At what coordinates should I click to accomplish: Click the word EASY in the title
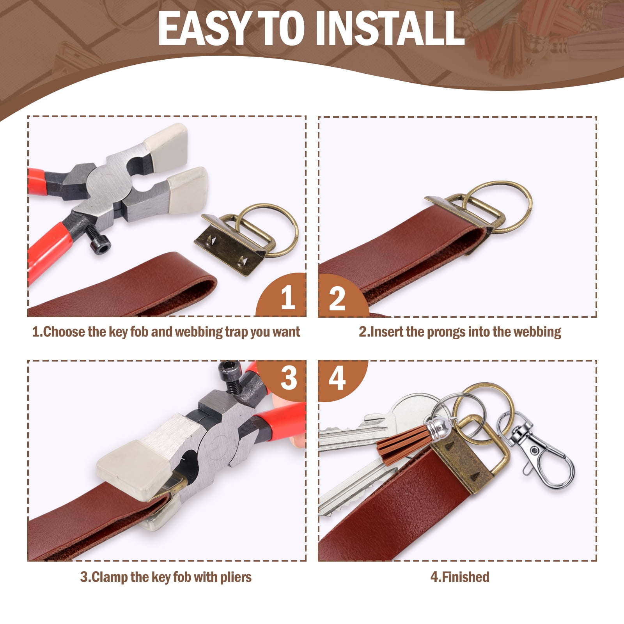(203, 28)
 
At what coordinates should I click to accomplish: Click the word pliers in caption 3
(236, 577)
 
